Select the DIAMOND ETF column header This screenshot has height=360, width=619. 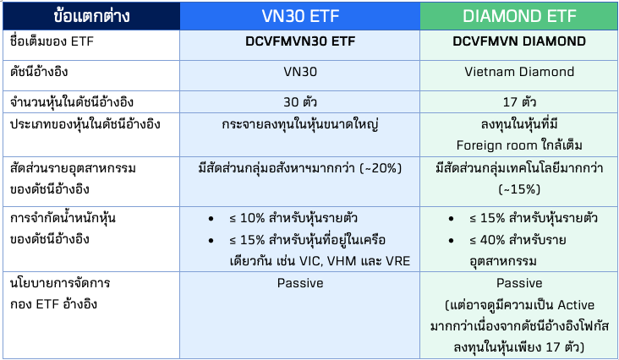coord(518,16)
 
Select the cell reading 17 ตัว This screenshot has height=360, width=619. coord(520,101)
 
